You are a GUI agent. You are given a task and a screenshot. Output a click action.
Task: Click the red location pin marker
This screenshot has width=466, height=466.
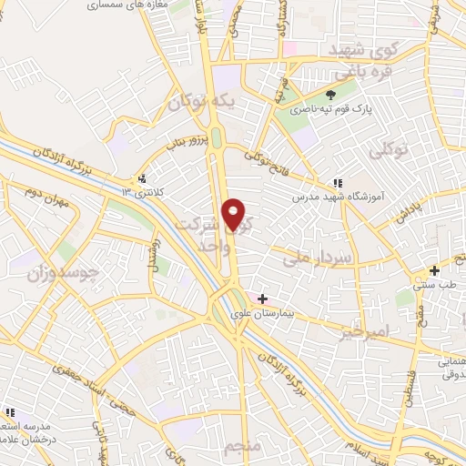tap(235, 214)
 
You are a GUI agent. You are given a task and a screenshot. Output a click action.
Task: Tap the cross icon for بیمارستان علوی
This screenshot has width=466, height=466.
tap(263, 298)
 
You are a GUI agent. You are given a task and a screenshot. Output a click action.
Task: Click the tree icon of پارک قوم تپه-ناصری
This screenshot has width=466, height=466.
tap(330, 94)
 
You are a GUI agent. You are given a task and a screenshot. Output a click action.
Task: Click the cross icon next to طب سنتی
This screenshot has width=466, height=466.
tap(435, 270)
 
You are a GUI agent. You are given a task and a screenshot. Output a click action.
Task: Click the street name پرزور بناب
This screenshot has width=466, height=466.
tap(194, 142)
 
